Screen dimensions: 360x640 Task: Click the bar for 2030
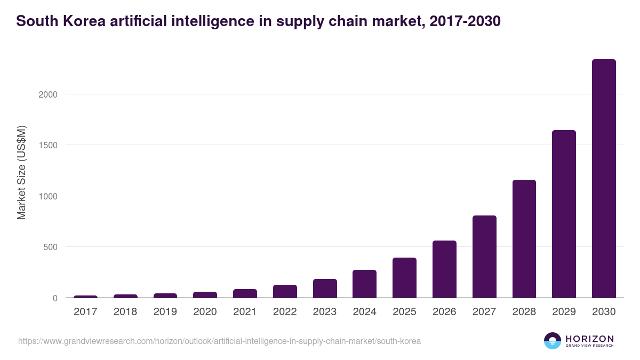[x=604, y=179]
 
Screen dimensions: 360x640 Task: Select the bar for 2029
[x=564, y=214]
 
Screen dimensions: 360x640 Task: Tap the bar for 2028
[x=524, y=239]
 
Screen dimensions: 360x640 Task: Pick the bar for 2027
[x=484, y=257]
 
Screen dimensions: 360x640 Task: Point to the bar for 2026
[x=444, y=269]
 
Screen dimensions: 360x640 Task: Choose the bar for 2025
[x=404, y=278]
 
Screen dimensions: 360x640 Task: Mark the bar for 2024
[x=364, y=284]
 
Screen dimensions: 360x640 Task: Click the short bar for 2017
[x=85, y=297]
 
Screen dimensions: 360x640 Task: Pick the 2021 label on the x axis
[x=245, y=312]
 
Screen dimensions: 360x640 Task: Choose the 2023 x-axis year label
[x=325, y=312]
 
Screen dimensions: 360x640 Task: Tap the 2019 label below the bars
[x=165, y=312]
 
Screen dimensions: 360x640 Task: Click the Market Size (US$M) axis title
[x=21, y=172]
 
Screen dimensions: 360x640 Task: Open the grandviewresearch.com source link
[x=219, y=341]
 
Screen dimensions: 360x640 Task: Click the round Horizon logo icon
[x=553, y=341]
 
